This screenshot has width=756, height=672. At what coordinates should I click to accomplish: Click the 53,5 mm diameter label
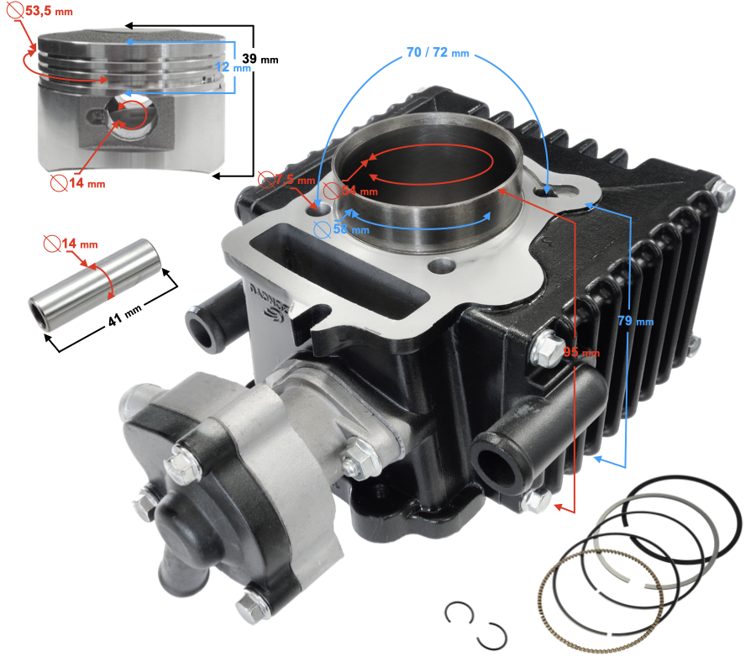click(40, 10)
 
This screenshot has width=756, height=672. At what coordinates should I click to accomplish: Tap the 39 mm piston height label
click(260, 59)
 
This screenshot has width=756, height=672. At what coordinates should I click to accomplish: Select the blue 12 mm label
click(233, 67)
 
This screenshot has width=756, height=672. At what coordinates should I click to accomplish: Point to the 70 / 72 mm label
click(438, 52)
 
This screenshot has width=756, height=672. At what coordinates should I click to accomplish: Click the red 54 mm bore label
click(350, 191)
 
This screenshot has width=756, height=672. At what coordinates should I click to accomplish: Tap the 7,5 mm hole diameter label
click(286, 180)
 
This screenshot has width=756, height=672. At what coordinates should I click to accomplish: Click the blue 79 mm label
click(636, 321)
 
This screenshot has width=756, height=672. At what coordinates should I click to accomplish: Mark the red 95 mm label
click(581, 352)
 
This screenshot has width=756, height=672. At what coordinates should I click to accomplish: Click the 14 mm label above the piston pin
click(71, 244)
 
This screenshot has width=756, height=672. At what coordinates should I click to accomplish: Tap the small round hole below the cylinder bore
click(442, 265)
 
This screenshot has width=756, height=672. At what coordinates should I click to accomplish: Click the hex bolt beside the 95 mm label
click(547, 348)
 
